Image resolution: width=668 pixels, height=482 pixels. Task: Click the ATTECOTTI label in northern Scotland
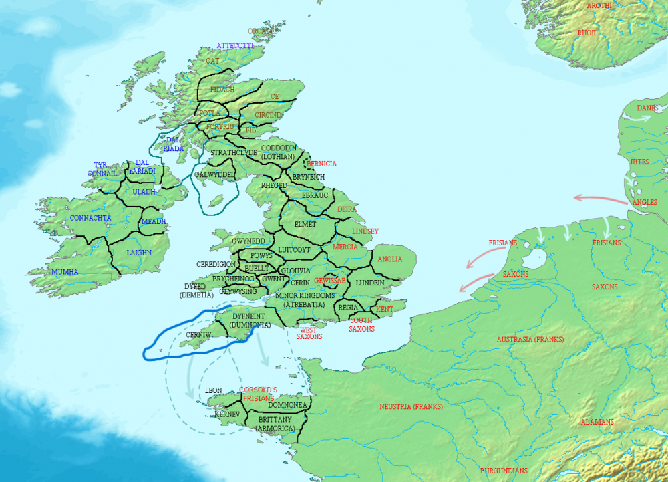point(234,45)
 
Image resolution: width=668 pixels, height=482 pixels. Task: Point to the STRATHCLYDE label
point(234,153)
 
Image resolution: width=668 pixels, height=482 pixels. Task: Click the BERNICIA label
point(322,164)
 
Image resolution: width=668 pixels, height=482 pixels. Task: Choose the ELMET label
point(305,224)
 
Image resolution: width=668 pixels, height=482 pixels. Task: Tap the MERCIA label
point(345,247)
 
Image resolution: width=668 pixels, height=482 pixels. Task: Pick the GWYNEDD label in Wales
point(248,241)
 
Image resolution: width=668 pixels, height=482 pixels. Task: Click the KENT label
point(385,310)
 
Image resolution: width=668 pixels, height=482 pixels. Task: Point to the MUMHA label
point(65,272)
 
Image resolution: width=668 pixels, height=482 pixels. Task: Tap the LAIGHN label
point(139,253)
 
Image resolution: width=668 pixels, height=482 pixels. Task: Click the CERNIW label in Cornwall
point(200,334)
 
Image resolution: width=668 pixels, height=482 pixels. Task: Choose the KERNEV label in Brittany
point(228,414)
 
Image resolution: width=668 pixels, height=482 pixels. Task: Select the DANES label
point(647,108)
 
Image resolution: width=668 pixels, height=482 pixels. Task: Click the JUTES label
point(639,162)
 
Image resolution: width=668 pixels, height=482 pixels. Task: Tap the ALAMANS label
point(597,423)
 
